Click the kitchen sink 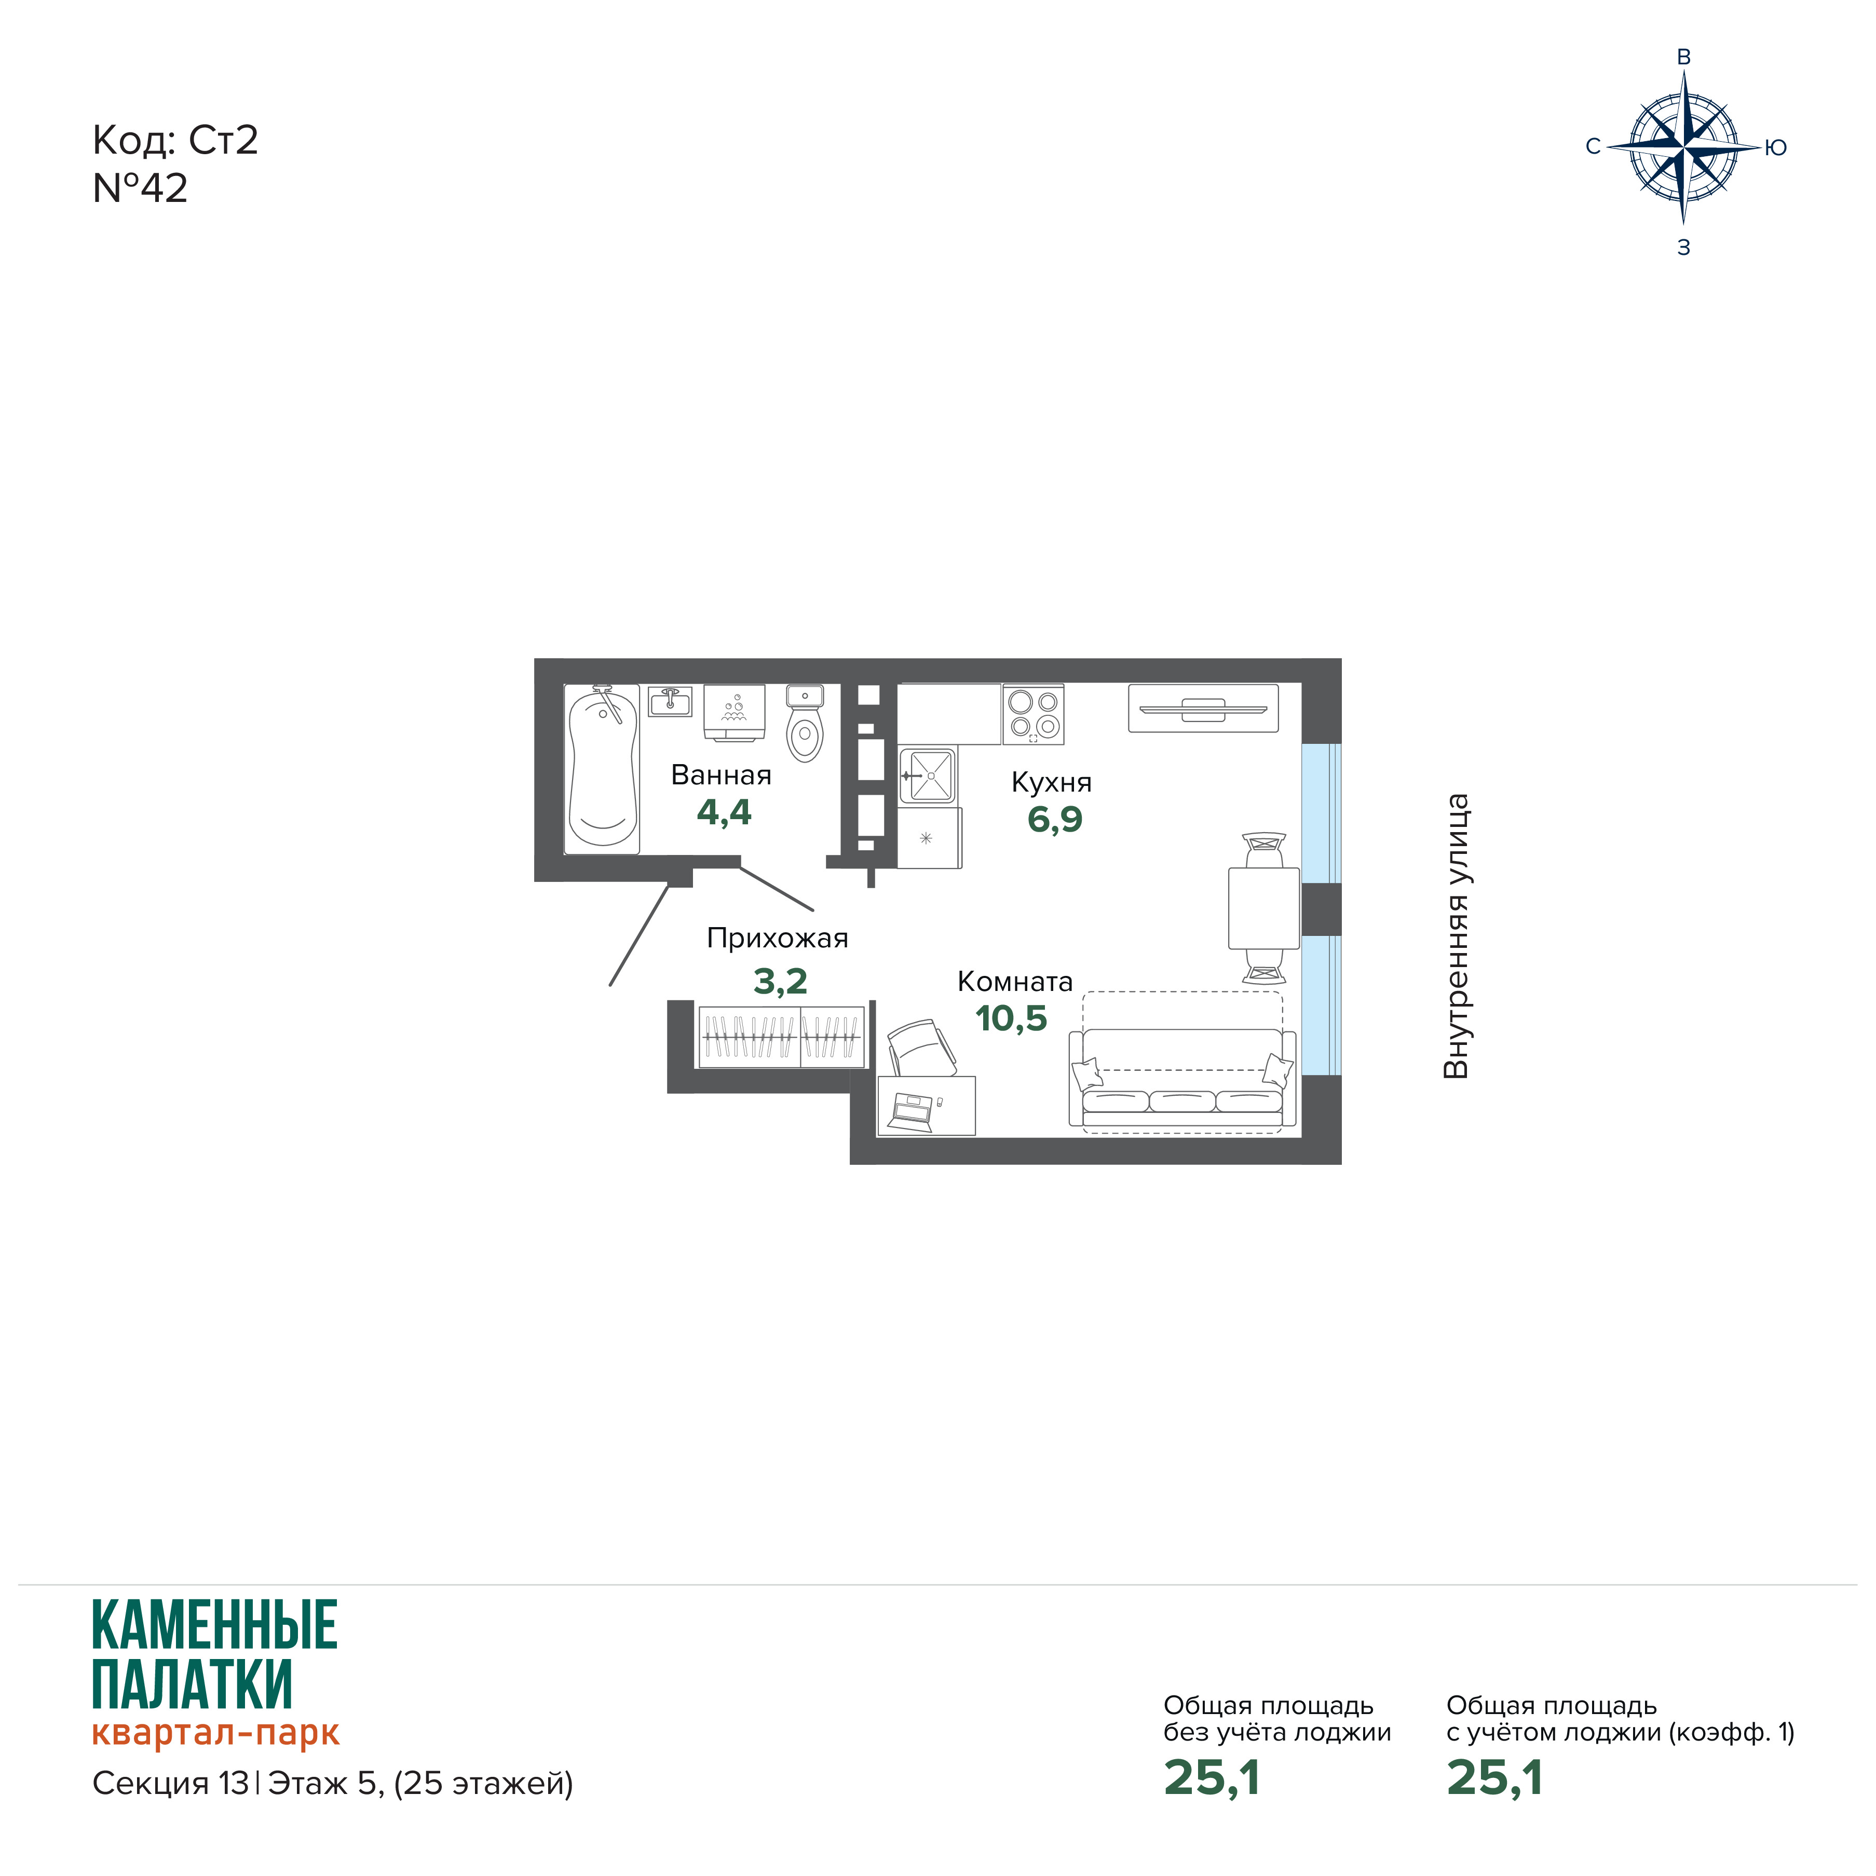coord(928,775)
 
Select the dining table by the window coord(1263,908)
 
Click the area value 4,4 coord(724,812)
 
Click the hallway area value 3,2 coord(781,982)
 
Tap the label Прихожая coord(777,938)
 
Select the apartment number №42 coord(140,188)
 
